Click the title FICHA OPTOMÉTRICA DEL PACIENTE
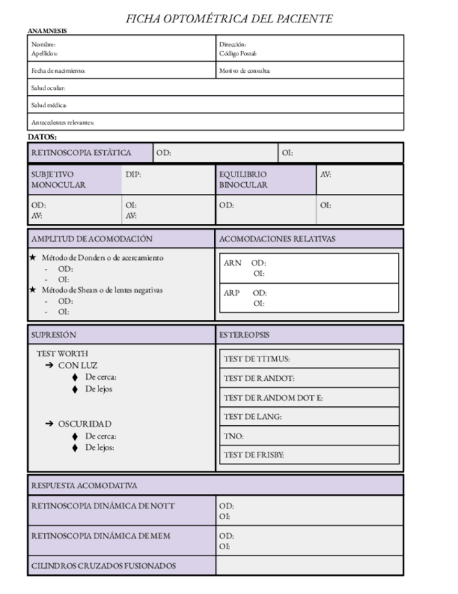pyautogui.click(x=229, y=19)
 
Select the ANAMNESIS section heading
pyautogui.click(x=48, y=31)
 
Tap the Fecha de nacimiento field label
pyautogui.click(x=58, y=71)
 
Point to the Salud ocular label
pyautogui.click(x=48, y=88)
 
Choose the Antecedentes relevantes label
pyautogui.click(x=62, y=123)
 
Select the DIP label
pyautogui.click(x=133, y=174)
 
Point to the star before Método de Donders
pyautogui.click(x=32, y=258)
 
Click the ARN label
pyautogui.click(x=233, y=263)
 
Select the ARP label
pyautogui.click(x=232, y=293)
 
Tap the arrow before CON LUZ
pyautogui.click(x=50, y=366)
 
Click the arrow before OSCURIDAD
pyautogui.click(x=50, y=424)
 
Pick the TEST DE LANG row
pyautogui.click(x=309, y=417)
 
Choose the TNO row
pyautogui.click(x=309, y=436)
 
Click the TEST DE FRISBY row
pyautogui.click(x=309, y=455)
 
